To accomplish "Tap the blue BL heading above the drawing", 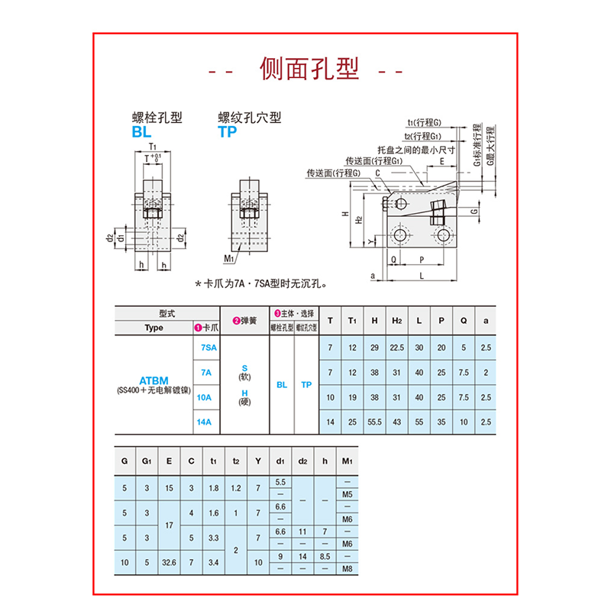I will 142,132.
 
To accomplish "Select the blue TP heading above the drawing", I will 228,132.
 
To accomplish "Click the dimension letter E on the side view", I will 442,162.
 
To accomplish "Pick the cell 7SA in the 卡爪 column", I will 205,348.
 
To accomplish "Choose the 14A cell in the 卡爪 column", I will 205,422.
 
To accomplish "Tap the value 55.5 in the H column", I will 374,422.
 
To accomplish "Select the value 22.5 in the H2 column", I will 396,348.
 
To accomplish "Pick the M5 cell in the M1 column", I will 347,493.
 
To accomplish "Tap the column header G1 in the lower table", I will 147,461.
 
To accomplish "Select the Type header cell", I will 154,328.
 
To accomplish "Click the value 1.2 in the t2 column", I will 236,487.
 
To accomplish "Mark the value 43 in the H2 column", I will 396,422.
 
